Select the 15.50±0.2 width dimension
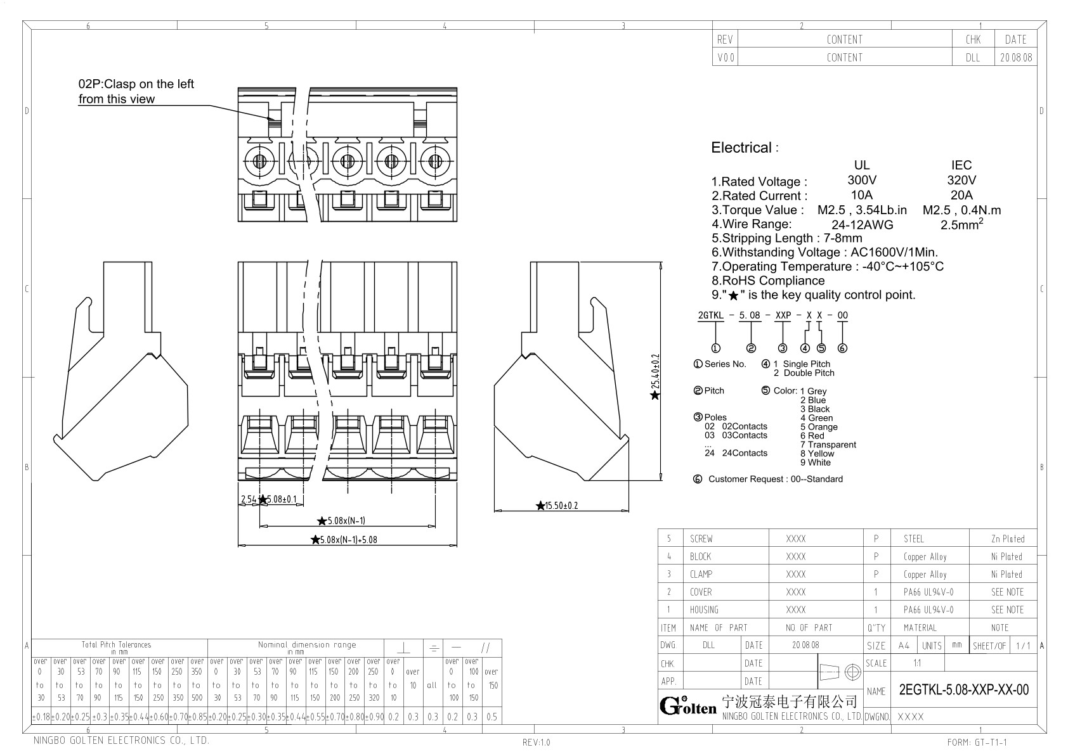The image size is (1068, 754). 561,506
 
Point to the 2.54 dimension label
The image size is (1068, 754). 248,499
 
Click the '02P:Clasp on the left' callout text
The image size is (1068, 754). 136,84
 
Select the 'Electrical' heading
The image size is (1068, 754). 741,148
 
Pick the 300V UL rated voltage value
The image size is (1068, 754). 861,181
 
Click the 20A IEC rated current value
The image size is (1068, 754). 961,195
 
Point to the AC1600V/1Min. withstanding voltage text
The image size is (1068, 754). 894,252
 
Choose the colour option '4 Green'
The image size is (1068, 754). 816,418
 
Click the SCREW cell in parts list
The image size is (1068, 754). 701,539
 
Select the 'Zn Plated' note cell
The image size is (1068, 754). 1007,539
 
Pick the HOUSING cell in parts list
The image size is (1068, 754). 704,610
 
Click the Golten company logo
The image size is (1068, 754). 687,706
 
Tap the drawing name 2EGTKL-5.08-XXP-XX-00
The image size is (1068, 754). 963,690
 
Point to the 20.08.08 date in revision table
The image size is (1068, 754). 1015,57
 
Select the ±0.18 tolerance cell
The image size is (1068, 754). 41,717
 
